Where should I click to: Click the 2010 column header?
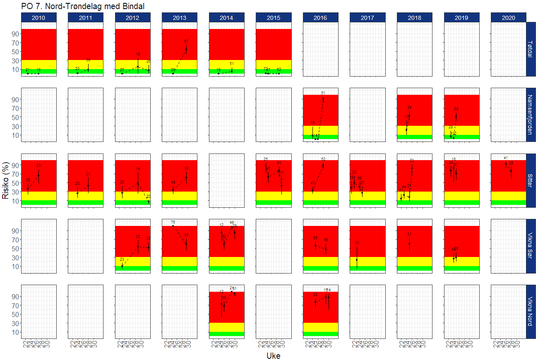38,17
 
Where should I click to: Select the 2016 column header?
321,17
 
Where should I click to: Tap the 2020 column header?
508,17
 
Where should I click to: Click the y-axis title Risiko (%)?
6,180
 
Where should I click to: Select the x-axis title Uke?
273,355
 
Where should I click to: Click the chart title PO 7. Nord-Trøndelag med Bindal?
83,6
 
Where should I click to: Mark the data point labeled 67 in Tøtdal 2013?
186,49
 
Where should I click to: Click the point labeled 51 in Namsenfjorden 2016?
323,99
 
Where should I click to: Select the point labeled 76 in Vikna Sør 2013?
173,226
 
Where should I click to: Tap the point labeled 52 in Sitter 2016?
323,165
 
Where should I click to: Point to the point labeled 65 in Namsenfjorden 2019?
456,116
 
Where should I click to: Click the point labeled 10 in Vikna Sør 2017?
357,260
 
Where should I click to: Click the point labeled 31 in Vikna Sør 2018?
409,244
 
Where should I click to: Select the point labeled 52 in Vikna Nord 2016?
315,302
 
